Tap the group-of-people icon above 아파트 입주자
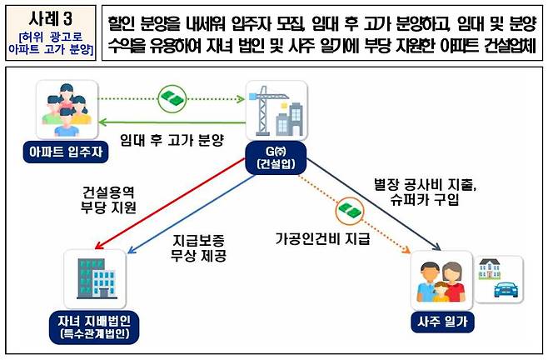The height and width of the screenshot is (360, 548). pyautogui.click(x=57, y=109)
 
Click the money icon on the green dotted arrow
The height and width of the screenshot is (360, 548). pyautogui.click(x=172, y=97)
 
